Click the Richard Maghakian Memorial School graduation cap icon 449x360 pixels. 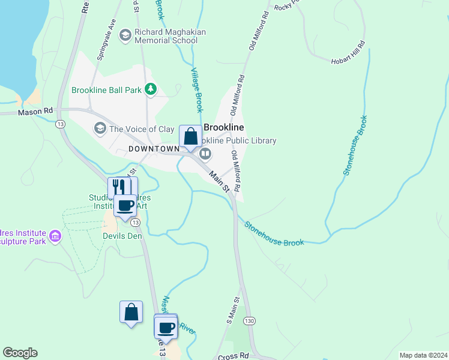click(x=125, y=35)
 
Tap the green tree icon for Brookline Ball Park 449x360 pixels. click(x=150, y=90)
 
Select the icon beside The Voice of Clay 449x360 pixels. click(x=100, y=128)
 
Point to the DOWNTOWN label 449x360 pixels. click(x=154, y=148)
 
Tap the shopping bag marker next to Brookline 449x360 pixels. click(x=190, y=137)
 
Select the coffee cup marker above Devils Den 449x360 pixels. click(x=125, y=205)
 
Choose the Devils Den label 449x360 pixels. click(x=122, y=236)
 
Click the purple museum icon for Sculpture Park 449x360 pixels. click(x=55, y=235)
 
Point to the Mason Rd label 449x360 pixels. click(x=35, y=112)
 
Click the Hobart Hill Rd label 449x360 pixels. click(x=348, y=53)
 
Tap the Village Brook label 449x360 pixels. click(x=197, y=90)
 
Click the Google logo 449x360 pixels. click(x=20, y=353)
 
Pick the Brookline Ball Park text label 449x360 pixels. click(x=106, y=90)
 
